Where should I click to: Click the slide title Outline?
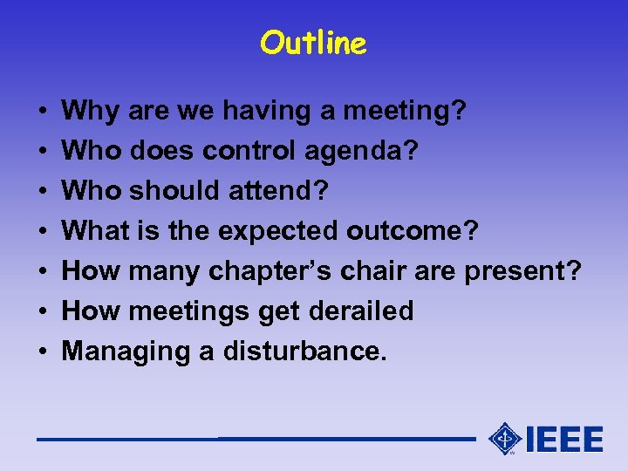[313, 42]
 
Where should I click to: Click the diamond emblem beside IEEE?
[505, 439]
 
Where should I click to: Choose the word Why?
[92, 112]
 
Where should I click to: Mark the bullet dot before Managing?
[43, 352]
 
